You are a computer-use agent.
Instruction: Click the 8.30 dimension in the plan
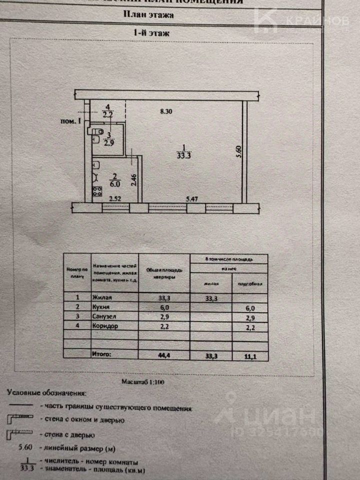165,112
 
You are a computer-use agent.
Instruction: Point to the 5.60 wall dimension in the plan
239,151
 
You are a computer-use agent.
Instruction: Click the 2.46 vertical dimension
133,179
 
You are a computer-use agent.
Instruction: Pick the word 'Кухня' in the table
101,307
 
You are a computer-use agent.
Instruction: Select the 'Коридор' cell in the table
104,327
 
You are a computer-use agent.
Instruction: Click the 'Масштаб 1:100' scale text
143,381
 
